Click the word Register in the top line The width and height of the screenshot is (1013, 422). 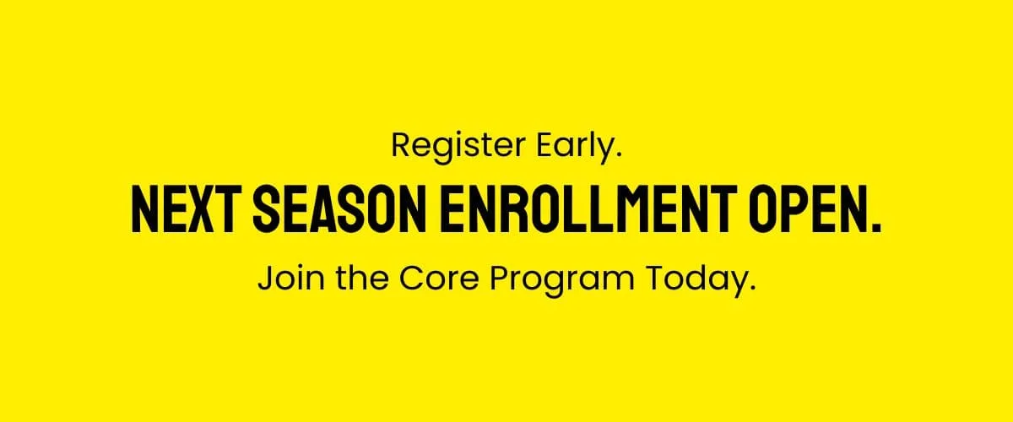point(458,147)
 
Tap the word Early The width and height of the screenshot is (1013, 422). point(579,147)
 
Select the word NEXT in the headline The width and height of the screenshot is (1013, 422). point(183,210)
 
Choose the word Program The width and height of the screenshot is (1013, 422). point(562,280)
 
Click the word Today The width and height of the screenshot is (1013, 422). point(696,280)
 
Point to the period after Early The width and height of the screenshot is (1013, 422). point(619,155)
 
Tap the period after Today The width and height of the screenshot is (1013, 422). point(752,288)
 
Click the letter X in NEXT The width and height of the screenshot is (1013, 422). point(198,210)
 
